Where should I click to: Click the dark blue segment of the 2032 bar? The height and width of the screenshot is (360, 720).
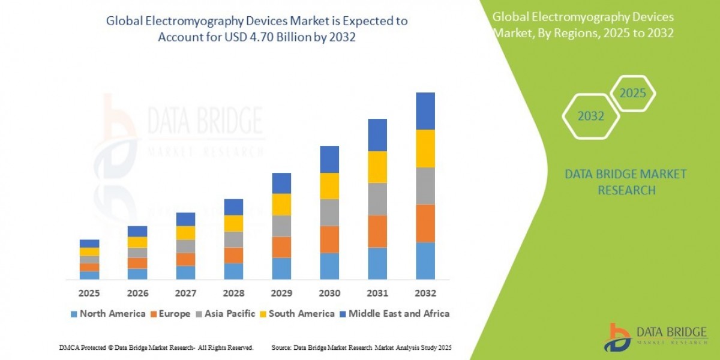click(x=425, y=111)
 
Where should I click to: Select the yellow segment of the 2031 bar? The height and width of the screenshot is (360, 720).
click(x=377, y=167)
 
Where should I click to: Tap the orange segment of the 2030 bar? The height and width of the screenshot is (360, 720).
click(x=329, y=239)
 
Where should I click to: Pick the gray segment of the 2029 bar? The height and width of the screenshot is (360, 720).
click(x=281, y=226)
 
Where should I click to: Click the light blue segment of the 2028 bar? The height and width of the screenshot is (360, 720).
click(x=233, y=271)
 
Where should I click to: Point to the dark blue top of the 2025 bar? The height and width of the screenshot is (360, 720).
click(x=89, y=243)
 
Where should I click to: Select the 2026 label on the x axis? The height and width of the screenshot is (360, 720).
click(x=137, y=293)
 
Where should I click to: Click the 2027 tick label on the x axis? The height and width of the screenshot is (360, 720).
click(x=185, y=293)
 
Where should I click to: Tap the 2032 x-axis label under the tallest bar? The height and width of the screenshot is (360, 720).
click(x=425, y=293)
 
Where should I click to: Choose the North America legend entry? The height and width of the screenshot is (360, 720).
click(x=107, y=313)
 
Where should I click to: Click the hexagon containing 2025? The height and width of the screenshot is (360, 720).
click(x=632, y=94)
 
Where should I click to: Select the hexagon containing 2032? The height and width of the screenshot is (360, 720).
click(x=590, y=116)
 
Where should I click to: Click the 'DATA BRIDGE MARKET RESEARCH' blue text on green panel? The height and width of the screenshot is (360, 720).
click(x=626, y=182)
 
